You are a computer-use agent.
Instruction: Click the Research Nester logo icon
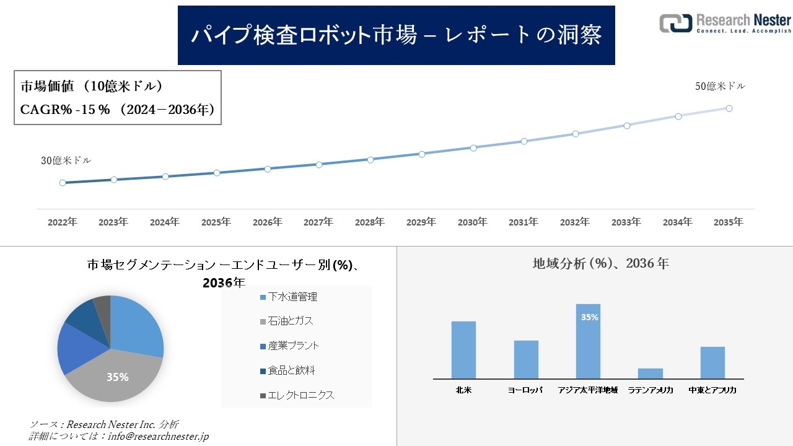click(x=675, y=23)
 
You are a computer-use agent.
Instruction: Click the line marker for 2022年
click(x=63, y=183)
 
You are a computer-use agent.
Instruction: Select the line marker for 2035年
click(x=729, y=108)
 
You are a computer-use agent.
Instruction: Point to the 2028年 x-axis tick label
click(x=369, y=222)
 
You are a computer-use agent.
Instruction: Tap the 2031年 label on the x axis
click(x=524, y=222)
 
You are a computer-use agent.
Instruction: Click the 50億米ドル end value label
click(x=720, y=87)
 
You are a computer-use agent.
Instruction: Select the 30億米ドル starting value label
click(x=66, y=160)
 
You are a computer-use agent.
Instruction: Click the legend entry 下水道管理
click(x=292, y=297)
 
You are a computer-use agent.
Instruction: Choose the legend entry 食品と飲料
click(x=291, y=370)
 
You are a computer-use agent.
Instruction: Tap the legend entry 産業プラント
click(x=293, y=346)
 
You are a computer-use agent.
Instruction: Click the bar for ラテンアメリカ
click(x=650, y=374)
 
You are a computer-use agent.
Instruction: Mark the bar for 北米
click(x=463, y=350)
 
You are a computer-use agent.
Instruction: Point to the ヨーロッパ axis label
click(x=525, y=391)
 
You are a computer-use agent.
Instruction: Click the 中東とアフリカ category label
click(x=712, y=391)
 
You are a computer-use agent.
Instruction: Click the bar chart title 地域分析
click(x=600, y=263)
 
